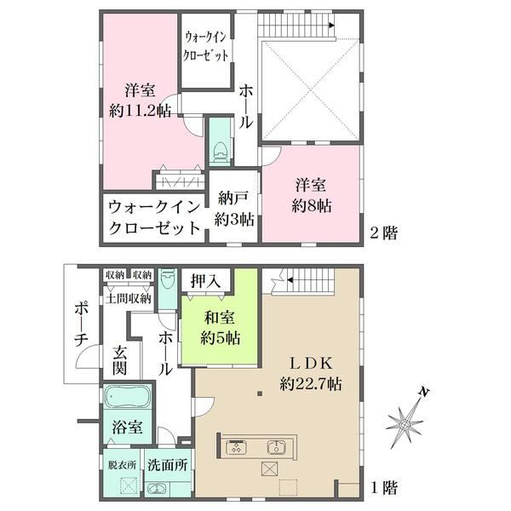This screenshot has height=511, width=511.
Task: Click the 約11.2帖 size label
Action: click(x=141, y=112)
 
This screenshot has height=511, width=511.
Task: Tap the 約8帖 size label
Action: click(x=311, y=206)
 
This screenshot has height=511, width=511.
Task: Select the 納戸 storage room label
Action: click(x=234, y=198)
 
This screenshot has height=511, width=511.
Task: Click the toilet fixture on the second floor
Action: click(x=221, y=152)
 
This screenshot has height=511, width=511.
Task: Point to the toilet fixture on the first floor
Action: click(x=168, y=278)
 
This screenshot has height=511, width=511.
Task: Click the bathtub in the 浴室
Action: click(x=128, y=396)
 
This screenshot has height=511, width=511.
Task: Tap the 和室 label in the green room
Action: click(x=219, y=318)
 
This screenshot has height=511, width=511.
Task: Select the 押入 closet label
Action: click(x=205, y=280)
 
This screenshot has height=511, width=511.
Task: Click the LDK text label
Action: click(x=311, y=364)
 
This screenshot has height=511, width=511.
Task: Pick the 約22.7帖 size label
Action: click(x=311, y=384)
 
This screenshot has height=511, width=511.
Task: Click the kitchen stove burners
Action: click(x=236, y=447)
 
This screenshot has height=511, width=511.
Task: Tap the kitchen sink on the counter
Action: click(x=276, y=447)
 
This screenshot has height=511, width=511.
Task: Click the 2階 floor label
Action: click(x=383, y=233)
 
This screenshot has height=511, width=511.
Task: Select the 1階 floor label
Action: click(x=383, y=488)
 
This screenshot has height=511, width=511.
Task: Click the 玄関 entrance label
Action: click(x=119, y=361)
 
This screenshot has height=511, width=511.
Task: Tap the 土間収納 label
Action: click(x=129, y=299)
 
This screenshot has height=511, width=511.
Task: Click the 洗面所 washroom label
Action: click(x=168, y=465)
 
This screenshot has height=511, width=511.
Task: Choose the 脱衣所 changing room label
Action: click(x=122, y=465)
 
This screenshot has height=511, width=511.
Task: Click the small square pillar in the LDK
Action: click(x=260, y=393)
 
